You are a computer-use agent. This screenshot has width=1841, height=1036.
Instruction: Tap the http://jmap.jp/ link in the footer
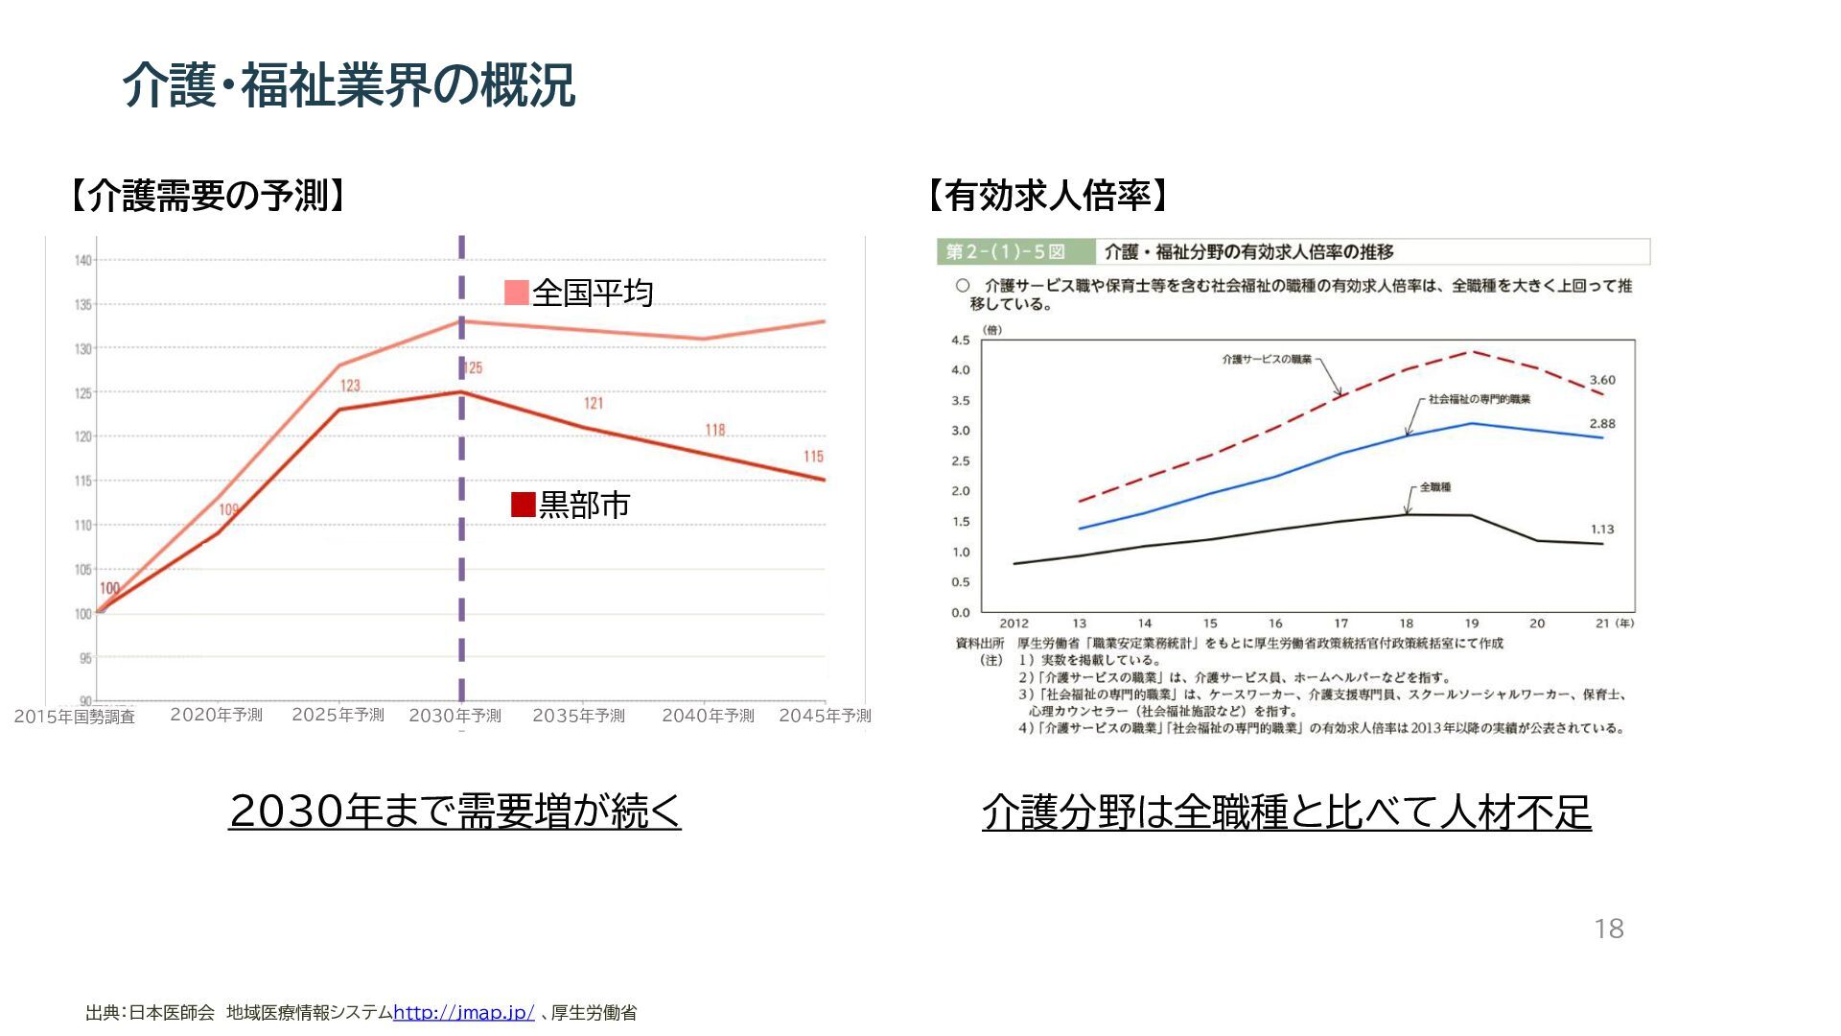pyautogui.click(x=464, y=1012)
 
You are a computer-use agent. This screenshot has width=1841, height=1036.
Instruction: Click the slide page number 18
pyautogui.click(x=1608, y=929)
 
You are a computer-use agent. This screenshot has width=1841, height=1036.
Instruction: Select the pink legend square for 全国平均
pyautogui.click(x=517, y=293)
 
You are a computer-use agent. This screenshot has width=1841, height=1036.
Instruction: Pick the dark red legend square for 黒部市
pyautogui.click(x=524, y=505)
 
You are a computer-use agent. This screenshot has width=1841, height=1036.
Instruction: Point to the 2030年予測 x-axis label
pyautogui.click(x=454, y=716)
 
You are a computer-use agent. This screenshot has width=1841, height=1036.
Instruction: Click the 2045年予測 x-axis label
pyautogui.click(x=825, y=716)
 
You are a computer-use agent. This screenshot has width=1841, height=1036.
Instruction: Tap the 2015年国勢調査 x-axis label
pyautogui.click(x=75, y=717)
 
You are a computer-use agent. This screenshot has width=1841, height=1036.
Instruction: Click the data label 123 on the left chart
pyautogui.click(x=350, y=386)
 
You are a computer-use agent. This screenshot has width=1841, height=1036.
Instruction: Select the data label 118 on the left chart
pyautogui.click(x=715, y=430)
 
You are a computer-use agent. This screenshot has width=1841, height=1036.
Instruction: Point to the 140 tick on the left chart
pyautogui.click(x=82, y=260)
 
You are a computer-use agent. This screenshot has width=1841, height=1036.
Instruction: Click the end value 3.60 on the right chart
pyautogui.click(x=1602, y=380)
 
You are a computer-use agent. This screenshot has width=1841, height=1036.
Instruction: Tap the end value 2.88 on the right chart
pyautogui.click(x=1602, y=423)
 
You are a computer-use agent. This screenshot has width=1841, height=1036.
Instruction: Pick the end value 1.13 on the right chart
pyautogui.click(x=1602, y=529)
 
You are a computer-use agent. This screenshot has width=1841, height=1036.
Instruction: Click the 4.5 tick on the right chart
pyautogui.click(x=960, y=340)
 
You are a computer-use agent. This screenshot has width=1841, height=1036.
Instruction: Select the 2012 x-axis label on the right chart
pyautogui.click(x=1014, y=624)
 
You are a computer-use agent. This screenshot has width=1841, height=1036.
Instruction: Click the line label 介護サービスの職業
pyautogui.click(x=1267, y=359)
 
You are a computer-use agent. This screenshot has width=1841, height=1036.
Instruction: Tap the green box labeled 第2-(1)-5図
pyautogui.click(x=1006, y=252)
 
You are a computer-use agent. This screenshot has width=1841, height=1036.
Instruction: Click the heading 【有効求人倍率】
pyautogui.click(x=1048, y=196)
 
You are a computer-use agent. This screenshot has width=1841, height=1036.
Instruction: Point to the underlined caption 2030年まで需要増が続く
pyautogui.click(x=454, y=812)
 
